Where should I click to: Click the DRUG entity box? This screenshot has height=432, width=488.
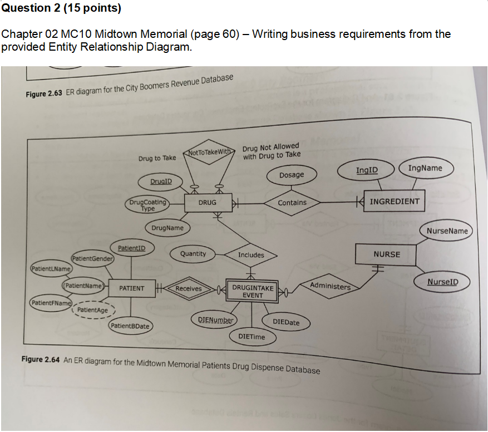(207, 203)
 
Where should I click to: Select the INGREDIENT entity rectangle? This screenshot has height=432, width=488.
(395, 201)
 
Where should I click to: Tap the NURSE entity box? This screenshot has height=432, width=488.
(386, 254)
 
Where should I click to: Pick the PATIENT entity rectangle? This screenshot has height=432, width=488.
(131, 288)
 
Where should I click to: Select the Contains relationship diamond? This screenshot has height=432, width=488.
(292, 203)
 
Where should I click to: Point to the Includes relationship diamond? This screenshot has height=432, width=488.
(251, 255)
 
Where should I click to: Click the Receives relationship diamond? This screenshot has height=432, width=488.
(188, 288)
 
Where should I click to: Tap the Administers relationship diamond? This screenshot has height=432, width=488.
(331, 286)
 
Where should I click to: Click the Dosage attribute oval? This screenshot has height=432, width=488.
(292, 175)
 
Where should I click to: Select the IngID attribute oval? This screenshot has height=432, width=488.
(367, 169)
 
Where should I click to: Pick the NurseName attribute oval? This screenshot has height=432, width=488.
(447, 230)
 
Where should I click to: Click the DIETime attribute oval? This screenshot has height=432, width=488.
(252, 337)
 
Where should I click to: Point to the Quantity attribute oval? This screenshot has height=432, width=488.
(193, 254)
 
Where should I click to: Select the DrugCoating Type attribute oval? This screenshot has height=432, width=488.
(147, 205)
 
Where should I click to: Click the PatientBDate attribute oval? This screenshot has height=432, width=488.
(130, 326)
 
